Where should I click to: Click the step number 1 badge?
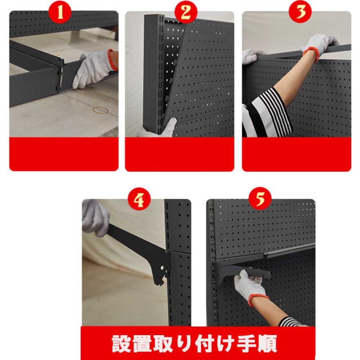point(60,12)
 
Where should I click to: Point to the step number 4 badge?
point(139,200)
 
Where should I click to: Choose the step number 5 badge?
point(260,198)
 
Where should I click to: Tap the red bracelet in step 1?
point(112,60)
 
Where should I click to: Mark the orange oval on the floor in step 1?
point(99,109)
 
